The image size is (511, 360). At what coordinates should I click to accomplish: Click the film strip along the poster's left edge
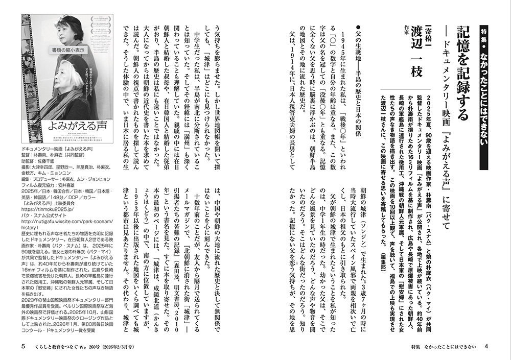click(26, 77)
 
